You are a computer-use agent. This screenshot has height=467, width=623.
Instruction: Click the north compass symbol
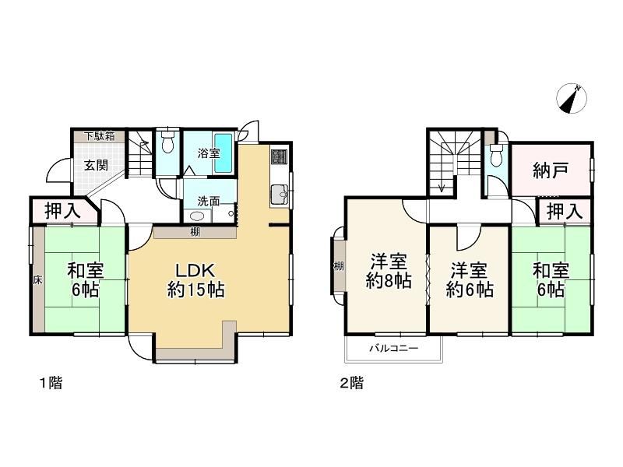[x=572, y=98]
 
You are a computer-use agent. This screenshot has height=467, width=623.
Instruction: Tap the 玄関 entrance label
[x=96, y=165]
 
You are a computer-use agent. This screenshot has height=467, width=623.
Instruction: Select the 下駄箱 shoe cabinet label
[x=100, y=136]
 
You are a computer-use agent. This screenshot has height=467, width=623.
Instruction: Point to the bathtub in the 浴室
[x=224, y=153]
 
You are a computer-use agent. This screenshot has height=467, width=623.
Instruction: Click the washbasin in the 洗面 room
[x=198, y=216]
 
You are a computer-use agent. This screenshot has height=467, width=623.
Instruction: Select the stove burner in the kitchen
[x=279, y=156]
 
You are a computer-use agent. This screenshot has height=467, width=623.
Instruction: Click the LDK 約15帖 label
[x=195, y=280]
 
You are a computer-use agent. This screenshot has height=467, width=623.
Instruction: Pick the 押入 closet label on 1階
[x=62, y=210]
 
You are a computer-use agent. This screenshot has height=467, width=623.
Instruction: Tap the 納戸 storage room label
[x=551, y=170]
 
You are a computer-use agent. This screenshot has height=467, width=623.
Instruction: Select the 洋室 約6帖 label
[x=470, y=280]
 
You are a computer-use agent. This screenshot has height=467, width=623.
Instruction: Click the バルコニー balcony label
[x=394, y=349]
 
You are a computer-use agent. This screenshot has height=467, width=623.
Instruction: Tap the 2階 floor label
[x=351, y=383]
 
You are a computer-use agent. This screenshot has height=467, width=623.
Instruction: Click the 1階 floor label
[x=51, y=383]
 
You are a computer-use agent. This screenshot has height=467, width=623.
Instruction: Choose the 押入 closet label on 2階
[x=565, y=211]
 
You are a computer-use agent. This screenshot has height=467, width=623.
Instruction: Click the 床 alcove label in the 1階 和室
[x=37, y=280]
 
